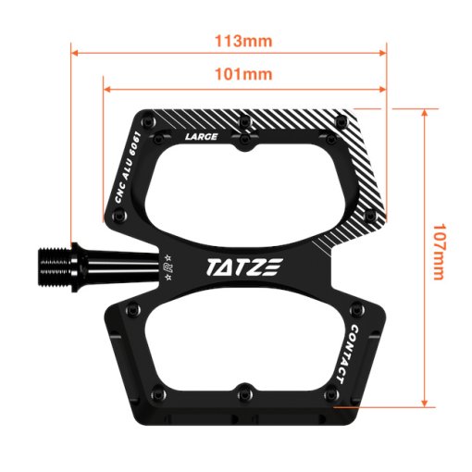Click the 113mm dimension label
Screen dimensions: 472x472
(x=243, y=41)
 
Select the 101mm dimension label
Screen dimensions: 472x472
(x=243, y=74)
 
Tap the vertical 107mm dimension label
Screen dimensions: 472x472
(x=440, y=252)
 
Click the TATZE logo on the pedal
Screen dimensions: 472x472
(x=244, y=267)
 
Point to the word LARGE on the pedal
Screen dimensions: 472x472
(x=201, y=137)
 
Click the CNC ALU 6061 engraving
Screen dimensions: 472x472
(x=128, y=168)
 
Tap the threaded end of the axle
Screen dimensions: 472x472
(x=55, y=267)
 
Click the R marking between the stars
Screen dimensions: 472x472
(x=168, y=267)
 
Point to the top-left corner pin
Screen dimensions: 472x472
(x=147, y=121)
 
